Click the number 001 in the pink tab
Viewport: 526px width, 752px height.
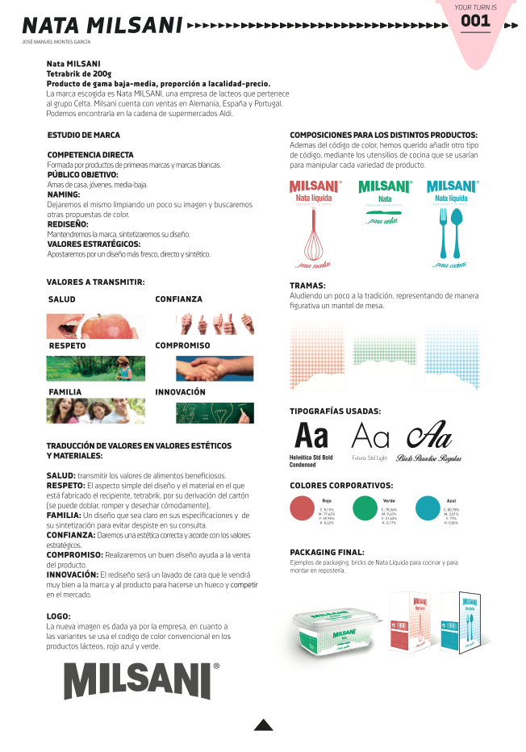(x=476, y=22)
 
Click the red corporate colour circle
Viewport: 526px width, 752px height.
(x=302, y=508)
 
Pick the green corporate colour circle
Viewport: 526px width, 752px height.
(x=365, y=508)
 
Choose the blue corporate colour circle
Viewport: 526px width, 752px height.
(x=428, y=508)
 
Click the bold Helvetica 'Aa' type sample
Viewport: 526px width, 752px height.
(x=311, y=437)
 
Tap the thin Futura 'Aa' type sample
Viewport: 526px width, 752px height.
(x=370, y=437)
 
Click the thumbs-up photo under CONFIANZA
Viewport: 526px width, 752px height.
(x=215, y=324)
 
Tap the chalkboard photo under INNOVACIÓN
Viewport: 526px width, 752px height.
(x=215, y=412)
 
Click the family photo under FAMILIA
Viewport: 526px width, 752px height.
(x=95, y=412)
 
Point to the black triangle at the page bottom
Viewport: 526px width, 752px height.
(x=264, y=725)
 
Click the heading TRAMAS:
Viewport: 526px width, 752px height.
(x=307, y=286)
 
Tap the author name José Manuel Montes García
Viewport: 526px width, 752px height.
(x=56, y=41)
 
